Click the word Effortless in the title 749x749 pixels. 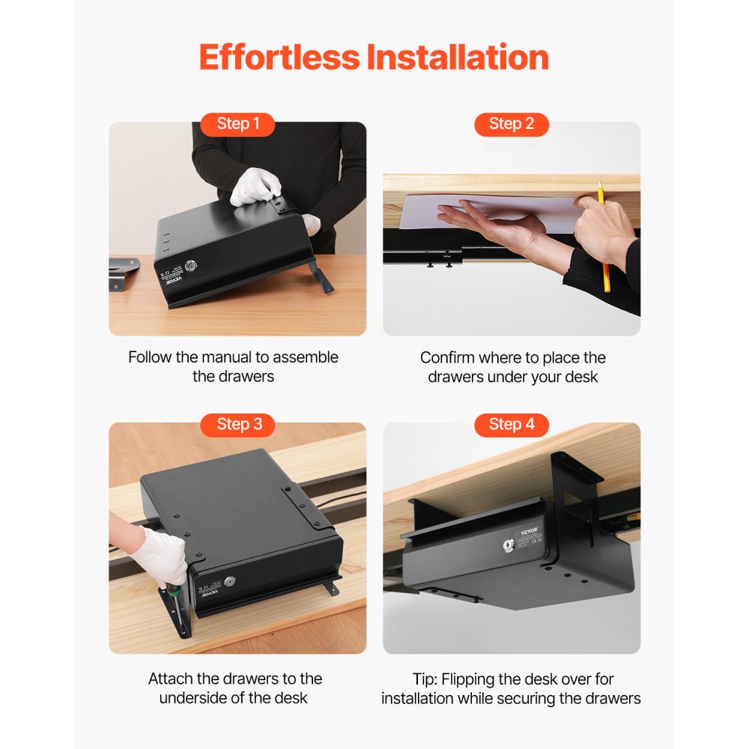[x=278, y=58]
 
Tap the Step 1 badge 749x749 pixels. [x=237, y=124]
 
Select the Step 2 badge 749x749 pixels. [x=512, y=124]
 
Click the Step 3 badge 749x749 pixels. [x=237, y=425]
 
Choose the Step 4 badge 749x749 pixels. [x=512, y=425]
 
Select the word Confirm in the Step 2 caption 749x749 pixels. [x=447, y=357]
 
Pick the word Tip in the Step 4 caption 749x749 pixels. [x=424, y=679]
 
